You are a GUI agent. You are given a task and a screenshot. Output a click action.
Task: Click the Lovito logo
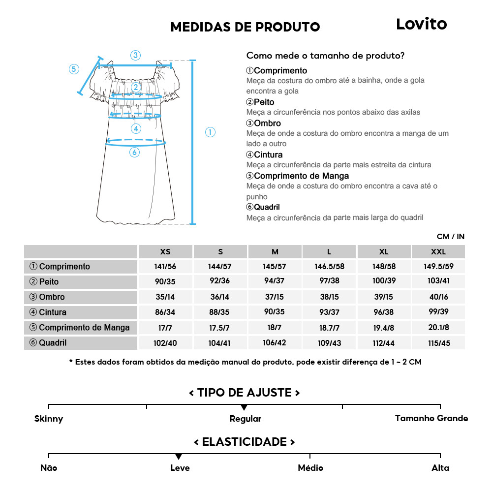pos(421,24)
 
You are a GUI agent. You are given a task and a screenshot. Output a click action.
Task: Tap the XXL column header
pos(438,251)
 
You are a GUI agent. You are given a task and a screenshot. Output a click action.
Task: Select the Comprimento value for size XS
pos(165,267)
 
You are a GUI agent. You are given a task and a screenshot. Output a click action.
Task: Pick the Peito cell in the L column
pos(329,282)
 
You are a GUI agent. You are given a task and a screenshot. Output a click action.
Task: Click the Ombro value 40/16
pos(438,297)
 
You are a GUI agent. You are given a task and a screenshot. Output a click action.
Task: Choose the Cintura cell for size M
pos(275,312)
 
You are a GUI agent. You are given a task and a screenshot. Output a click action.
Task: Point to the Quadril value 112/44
pos(384,343)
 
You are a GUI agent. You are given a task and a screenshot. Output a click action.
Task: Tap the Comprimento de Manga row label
pos(80,328)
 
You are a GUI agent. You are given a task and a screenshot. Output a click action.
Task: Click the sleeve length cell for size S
pos(220,328)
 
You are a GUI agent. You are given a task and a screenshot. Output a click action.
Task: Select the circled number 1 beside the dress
pos(210,132)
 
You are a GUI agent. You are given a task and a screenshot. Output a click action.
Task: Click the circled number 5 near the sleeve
pos(74,69)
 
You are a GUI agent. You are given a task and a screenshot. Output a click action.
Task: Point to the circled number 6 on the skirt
pos(134,153)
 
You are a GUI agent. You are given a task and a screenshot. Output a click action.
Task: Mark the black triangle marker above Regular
pos(244,408)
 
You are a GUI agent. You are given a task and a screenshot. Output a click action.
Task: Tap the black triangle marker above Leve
pos(179,457)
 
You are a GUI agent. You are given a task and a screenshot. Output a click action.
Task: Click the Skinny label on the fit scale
pos(49,419)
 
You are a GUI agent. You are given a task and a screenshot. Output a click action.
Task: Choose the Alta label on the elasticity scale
pos(440,468)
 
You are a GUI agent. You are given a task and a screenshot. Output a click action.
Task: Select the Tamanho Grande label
pos(431,418)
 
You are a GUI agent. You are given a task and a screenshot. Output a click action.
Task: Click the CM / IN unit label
pos(450,237)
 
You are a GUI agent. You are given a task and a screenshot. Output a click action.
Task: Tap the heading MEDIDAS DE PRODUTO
pos(245,27)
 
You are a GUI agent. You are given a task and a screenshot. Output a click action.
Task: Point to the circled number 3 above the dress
pos(136,55)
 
